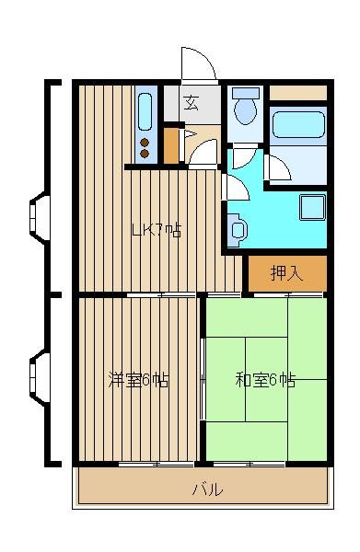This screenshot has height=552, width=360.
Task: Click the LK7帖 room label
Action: (157, 231)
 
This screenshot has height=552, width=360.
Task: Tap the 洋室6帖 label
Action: (138, 380)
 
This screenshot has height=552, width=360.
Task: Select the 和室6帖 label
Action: (265, 380)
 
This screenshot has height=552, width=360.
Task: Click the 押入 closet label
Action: (286, 272)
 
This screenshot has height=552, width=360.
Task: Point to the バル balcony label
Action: (208, 489)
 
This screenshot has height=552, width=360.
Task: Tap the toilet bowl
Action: (246, 107)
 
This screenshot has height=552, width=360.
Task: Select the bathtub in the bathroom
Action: (298, 124)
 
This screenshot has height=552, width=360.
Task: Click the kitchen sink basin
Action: (145, 111)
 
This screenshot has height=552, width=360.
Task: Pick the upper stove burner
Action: (145, 143)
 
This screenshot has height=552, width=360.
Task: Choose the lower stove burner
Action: (145, 154)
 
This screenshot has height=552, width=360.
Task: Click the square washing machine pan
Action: (312, 207)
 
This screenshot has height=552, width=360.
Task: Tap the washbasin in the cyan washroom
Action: (238, 230)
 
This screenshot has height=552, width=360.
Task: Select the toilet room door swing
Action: (245, 157)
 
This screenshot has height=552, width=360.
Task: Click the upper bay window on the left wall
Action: (40, 217)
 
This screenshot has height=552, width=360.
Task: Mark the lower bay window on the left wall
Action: (40, 377)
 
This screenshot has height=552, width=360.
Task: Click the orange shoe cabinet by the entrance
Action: (171, 145)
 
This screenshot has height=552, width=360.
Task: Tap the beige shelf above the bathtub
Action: (298, 93)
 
